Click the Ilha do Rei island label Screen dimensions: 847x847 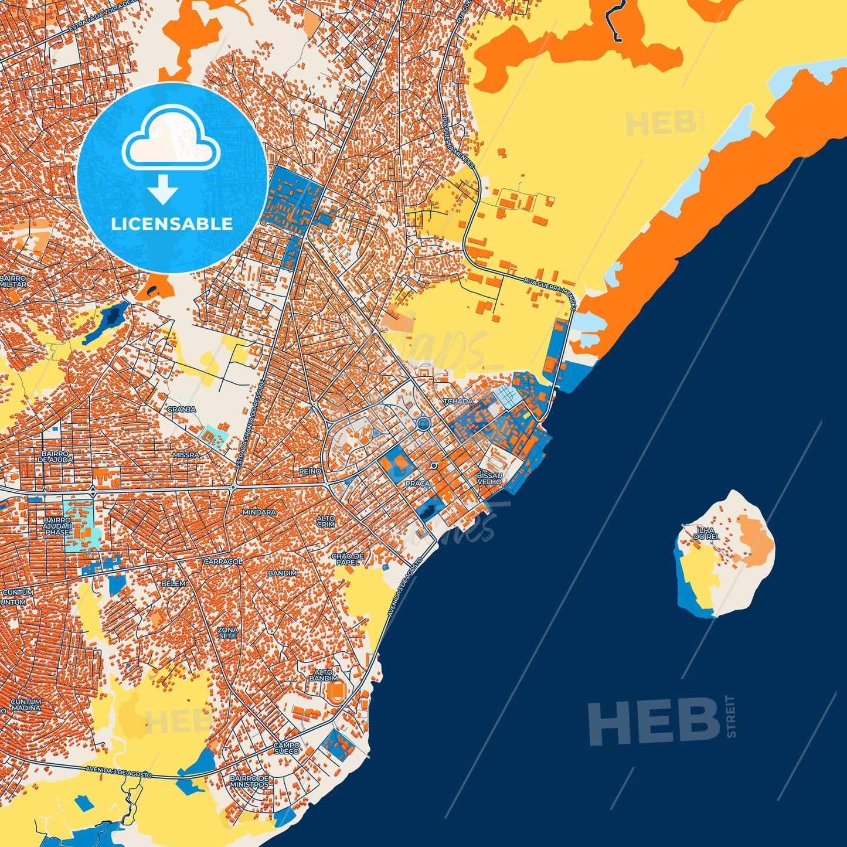click(705, 533)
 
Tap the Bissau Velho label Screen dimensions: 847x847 click(489, 478)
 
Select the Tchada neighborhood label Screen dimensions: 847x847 click(458, 402)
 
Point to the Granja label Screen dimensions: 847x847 click(181, 409)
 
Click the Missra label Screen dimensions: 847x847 click(186, 454)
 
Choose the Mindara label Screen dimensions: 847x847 click(258, 512)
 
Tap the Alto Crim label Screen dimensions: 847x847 click(326, 521)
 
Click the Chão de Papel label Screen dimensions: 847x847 click(348, 559)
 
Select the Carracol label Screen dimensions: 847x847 click(223, 561)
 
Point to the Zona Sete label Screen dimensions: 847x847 click(227, 633)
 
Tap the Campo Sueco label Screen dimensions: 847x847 click(287, 748)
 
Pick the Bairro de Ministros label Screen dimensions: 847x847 click(249, 781)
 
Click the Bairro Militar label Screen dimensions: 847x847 click(13, 281)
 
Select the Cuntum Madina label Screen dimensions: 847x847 click(26, 705)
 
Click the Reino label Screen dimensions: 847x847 click(310, 471)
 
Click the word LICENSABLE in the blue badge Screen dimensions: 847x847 click(172, 223)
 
